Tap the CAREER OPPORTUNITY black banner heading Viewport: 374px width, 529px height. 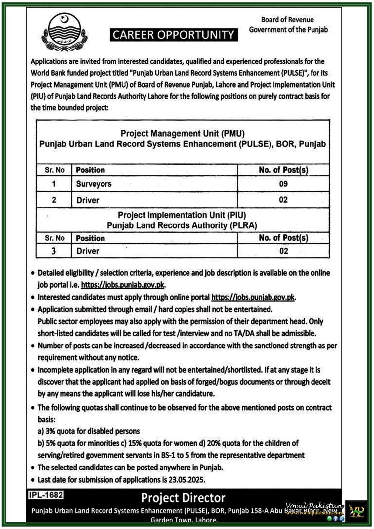(x=174, y=35)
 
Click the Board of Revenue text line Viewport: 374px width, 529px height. (x=287, y=20)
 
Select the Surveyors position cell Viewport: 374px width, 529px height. (x=94, y=184)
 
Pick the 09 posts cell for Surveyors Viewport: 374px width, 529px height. (x=283, y=184)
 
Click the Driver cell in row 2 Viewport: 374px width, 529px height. (x=88, y=200)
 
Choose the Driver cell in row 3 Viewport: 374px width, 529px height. (x=88, y=251)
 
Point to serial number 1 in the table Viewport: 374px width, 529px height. (x=54, y=184)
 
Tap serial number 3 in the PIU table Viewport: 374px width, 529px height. (x=54, y=251)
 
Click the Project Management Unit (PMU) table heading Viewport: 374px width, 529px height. (x=183, y=134)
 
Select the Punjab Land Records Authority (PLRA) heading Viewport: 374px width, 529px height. (x=182, y=225)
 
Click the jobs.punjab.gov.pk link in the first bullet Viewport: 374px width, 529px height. (x=123, y=285)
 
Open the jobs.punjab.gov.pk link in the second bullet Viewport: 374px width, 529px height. (x=253, y=297)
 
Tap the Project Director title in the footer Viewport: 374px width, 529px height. (x=183, y=498)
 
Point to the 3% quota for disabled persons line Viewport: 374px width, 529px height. (x=89, y=431)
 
